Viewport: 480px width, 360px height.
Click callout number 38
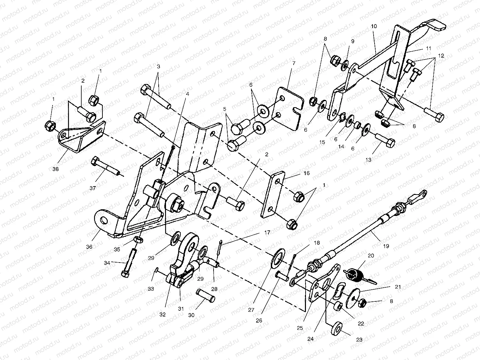56,169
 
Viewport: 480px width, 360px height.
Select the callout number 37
93,188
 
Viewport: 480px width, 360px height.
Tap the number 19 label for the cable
386,246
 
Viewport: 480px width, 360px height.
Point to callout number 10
374,26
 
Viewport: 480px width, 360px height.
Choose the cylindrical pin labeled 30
206,295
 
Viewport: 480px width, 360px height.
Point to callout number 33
151,288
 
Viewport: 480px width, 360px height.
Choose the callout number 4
187,94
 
